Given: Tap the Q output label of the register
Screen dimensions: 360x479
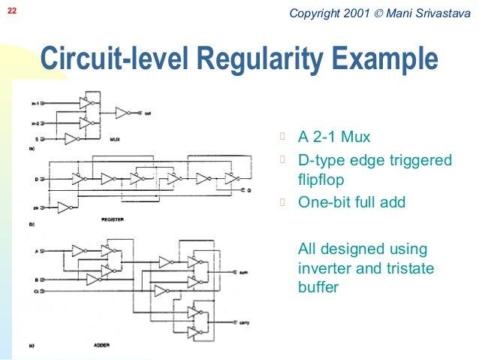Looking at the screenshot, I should (x=249, y=191).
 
